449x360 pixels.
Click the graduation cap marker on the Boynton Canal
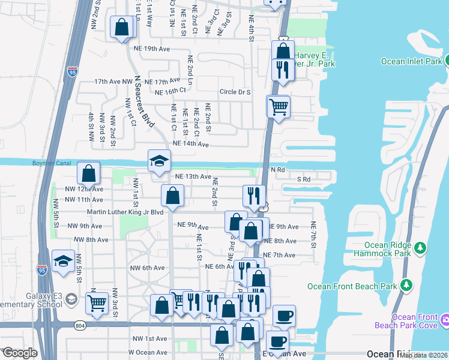(160, 161)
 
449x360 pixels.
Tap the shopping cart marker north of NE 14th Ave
(278, 107)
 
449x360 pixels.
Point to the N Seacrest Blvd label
(142, 100)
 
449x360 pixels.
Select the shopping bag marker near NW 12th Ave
(88, 173)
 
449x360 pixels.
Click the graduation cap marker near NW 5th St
(62, 261)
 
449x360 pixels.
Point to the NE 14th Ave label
(190, 144)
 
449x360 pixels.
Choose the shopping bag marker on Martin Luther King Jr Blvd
(172, 196)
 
